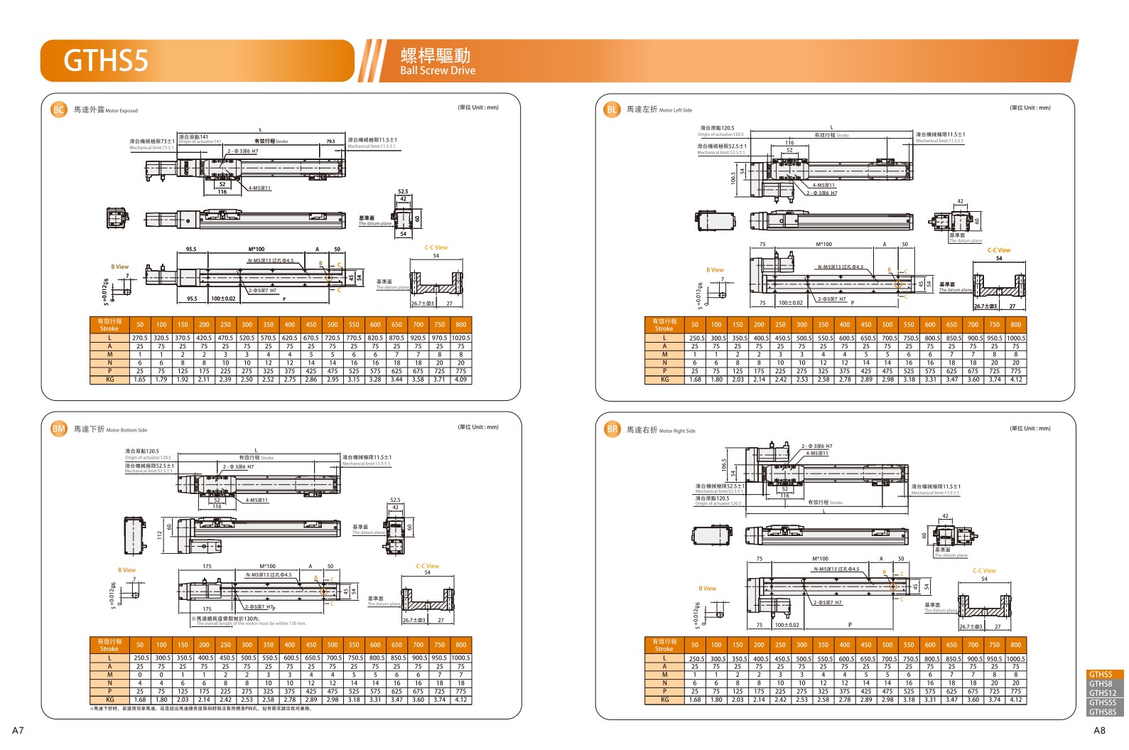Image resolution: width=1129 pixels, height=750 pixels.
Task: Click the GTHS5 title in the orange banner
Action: [x=106, y=60]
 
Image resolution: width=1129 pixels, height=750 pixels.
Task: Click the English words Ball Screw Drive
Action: [x=437, y=70]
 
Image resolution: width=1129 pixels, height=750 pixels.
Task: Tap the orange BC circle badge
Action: [x=58, y=109]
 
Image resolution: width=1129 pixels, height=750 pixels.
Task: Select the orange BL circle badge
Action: [x=612, y=109]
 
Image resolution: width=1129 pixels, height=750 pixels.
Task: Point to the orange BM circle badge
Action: [x=58, y=429]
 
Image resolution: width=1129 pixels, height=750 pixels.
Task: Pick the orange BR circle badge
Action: [x=612, y=429]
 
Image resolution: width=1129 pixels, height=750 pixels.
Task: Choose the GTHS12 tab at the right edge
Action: [x=1102, y=693]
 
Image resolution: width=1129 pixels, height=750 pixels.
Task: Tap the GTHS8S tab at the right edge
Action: [x=1102, y=712]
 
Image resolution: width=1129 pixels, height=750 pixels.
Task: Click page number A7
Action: [x=18, y=730]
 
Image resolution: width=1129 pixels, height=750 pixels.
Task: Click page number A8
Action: [x=1099, y=730]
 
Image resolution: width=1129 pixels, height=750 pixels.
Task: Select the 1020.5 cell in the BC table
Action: [x=460, y=338]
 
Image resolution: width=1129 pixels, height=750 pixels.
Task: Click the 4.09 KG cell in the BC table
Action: [x=460, y=380]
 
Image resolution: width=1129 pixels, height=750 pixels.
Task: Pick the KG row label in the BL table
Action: [x=664, y=380]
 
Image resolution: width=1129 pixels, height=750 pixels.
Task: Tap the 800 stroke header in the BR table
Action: [x=1015, y=645]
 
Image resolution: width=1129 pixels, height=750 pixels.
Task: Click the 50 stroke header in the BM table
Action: [x=140, y=645]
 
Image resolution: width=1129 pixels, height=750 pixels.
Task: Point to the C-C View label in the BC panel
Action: [x=436, y=248]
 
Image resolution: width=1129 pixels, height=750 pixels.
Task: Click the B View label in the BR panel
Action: [x=707, y=589]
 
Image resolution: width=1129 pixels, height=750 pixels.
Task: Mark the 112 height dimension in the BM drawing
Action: [x=159, y=534]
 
